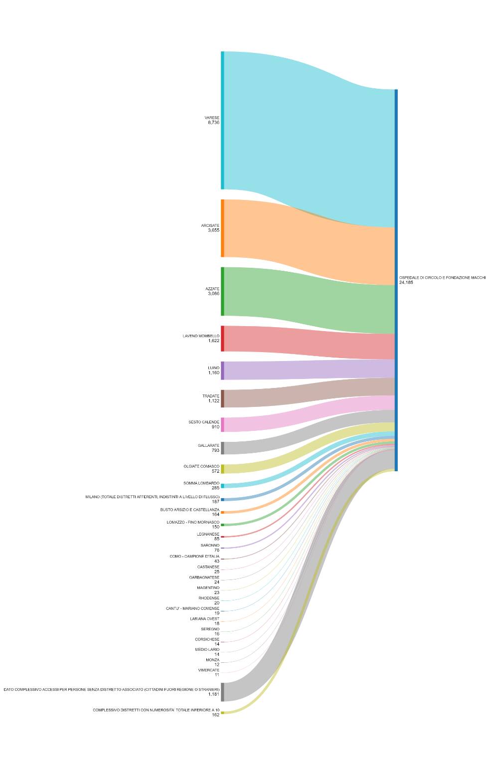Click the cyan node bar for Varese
[222, 120]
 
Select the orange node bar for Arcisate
[222, 228]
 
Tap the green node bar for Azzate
[222, 291]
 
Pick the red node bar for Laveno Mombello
[222, 339]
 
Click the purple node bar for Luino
[222, 371]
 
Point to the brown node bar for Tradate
[222, 398]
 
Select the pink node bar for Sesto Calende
[222, 424]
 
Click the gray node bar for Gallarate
[222, 448]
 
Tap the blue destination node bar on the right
[396, 280]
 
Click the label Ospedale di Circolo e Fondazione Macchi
[442, 278]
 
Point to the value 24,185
[406, 283]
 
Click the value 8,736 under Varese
[213, 123]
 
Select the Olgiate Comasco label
[201, 467]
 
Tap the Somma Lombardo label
[201, 483]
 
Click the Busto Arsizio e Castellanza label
[190, 510]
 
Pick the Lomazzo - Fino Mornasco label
[193, 522]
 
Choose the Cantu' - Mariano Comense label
[192, 608]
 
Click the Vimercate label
[208, 670]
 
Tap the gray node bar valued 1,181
[222, 692]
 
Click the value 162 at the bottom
[215, 715]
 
